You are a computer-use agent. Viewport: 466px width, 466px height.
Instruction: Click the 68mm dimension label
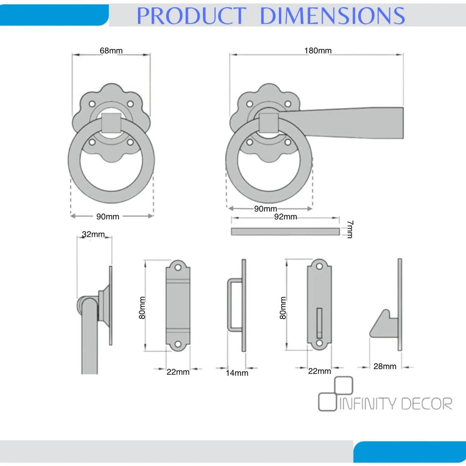[x=111, y=51]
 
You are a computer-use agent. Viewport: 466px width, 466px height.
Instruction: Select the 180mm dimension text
[x=318, y=51]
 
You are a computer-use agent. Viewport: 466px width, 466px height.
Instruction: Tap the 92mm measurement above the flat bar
[x=285, y=217]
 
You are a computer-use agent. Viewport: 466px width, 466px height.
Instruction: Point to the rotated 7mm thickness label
[x=350, y=229]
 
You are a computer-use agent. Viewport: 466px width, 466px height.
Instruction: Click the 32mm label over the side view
[x=93, y=234]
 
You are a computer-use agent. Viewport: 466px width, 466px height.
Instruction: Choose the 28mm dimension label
[x=385, y=366]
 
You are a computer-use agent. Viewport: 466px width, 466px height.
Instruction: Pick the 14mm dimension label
[x=237, y=373]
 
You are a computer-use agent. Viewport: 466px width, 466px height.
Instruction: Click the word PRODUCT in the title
[x=192, y=15]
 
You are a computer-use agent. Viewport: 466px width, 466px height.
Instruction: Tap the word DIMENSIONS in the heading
[x=332, y=15]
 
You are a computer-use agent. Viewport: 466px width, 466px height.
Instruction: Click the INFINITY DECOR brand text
[x=396, y=404]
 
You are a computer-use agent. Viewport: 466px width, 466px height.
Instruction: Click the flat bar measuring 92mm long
[x=285, y=232]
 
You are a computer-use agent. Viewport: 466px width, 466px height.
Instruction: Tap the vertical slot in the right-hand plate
[x=319, y=322]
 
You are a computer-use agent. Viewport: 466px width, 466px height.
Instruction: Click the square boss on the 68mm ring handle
[x=111, y=123]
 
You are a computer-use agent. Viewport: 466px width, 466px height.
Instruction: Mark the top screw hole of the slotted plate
[x=319, y=266]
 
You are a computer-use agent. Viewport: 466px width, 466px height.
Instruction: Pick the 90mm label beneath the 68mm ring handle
[x=108, y=217]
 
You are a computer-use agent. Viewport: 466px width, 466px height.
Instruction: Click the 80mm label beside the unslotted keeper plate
[x=142, y=308]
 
